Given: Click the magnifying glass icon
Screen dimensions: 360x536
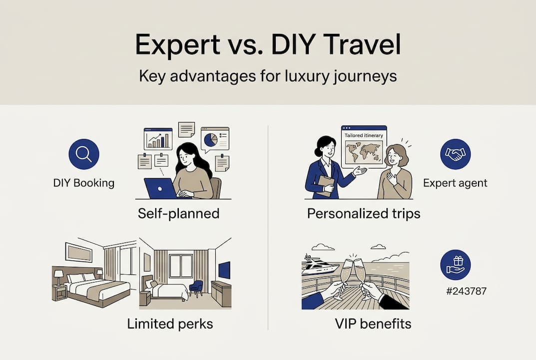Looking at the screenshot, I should coord(83,153).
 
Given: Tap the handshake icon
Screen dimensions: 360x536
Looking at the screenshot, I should coord(455,153).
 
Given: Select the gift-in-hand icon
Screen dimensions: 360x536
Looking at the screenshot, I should coord(455,265).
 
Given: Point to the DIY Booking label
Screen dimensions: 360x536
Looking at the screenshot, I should coord(83,183).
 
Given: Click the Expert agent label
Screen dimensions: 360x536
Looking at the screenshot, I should coord(455,183).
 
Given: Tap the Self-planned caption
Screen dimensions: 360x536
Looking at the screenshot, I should coord(178,213).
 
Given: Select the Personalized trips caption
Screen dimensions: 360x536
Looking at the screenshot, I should coord(363,213).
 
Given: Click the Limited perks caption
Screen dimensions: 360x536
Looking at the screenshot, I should coord(170,323).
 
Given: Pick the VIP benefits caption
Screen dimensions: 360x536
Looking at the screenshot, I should coord(373,323).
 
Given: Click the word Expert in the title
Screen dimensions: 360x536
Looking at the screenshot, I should coord(177,45).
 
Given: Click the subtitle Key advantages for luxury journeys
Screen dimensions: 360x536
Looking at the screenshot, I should coord(268,76).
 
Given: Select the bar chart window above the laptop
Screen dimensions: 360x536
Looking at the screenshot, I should coord(158,138).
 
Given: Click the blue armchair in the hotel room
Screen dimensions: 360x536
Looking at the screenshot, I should coord(196,288).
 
